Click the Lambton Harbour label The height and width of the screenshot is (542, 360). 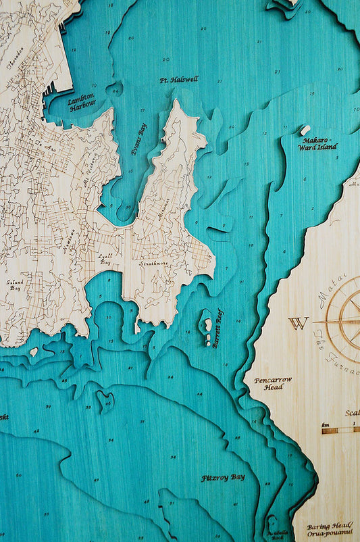tap(82, 101)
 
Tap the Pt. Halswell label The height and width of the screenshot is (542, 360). tap(179, 80)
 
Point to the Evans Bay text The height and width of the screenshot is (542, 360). tap(138, 139)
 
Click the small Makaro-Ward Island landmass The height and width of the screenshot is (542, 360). tap(305, 130)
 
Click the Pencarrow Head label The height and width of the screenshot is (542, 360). tap(273, 383)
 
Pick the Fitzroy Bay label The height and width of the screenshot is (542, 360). tap(223, 478)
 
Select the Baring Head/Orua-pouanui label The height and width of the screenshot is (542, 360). tap(328, 528)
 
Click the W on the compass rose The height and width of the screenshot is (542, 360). tap(298, 322)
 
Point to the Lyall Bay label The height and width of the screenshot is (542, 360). tap(105, 258)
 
